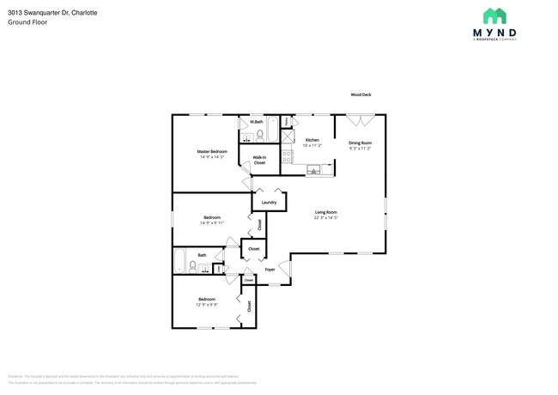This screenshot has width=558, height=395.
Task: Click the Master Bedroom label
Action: (x=212, y=152)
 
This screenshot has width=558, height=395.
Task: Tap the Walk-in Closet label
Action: (x=258, y=160)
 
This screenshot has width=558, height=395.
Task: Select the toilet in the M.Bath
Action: (x=258, y=135)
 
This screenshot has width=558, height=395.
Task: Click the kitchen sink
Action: (x=313, y=171)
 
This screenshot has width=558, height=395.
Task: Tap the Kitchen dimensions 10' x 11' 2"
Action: (x=312, y=146)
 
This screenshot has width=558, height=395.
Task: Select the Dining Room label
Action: (x=360, y=143)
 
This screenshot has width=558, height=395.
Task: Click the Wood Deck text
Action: (x=360, y=95)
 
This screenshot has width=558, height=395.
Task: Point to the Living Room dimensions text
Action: (x=324, y=218)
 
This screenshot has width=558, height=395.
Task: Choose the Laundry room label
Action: (x=269, y=203)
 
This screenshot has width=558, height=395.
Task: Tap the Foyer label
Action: (x=270, y=269)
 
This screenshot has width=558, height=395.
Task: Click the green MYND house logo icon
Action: (x=494, y=15)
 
